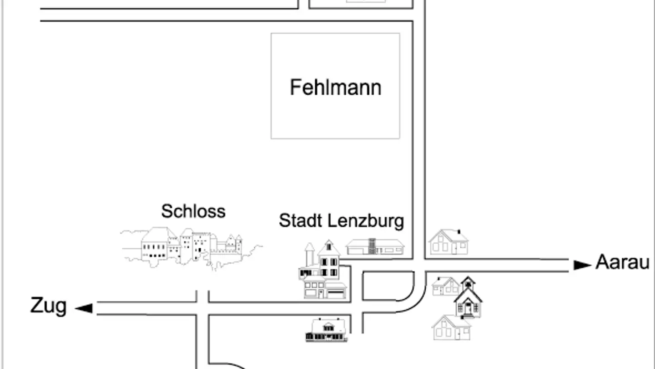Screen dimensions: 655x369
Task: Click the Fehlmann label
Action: point(336,87)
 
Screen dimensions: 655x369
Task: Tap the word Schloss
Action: point(193,211)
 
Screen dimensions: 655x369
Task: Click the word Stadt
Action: point(301,221)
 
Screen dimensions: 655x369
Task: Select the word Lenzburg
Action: point(366,221)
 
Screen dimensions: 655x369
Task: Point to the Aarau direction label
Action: point(622,263)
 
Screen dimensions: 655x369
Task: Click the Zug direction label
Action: point(48,306)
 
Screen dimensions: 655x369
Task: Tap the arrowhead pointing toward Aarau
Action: point(582,265)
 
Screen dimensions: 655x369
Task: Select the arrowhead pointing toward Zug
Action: point(84,308)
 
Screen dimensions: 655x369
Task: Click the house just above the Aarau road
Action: point(448,242)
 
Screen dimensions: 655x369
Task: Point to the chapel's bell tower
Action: point(468,283)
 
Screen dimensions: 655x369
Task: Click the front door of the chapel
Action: point(468,310)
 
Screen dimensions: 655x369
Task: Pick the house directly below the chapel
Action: point(452,328)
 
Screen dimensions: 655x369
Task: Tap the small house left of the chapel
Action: point(445,286)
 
